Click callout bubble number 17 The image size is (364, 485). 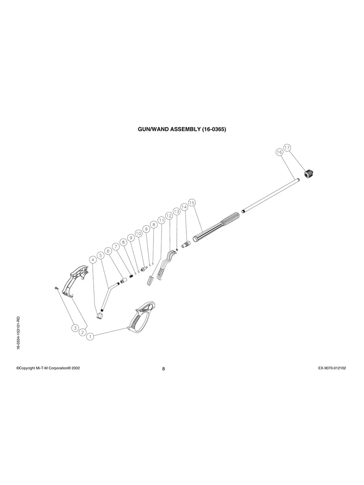(287, 148)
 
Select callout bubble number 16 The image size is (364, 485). (279, 152)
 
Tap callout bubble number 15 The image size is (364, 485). (192, 203)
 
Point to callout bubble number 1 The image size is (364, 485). (90, 336)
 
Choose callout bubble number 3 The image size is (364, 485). (75, 328)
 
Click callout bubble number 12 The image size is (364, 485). (169, 216)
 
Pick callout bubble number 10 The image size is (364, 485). (139, 233)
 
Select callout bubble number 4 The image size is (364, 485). (93, 260)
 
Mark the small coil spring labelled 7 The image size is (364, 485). (131, 276)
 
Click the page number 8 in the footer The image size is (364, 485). (164, 369)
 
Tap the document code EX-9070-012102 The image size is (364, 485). (332, 368)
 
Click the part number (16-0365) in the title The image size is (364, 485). (214, 129)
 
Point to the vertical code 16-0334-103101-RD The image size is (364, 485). (18, 333)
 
